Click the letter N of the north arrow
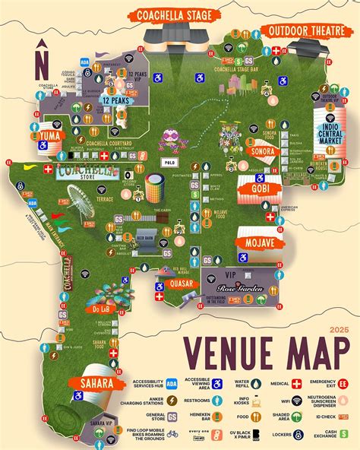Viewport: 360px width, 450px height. click(x=42, y=59)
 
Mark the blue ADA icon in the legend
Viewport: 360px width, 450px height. click(x=172, y=384)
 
